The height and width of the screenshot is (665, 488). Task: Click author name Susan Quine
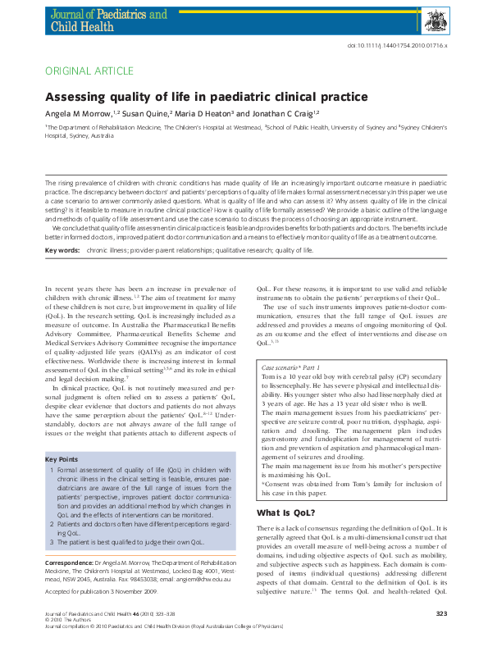[x=147, y=116]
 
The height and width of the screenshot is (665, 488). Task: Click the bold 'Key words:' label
[x=62, y=248]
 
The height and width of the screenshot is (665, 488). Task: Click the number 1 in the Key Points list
[x=51, y=470]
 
